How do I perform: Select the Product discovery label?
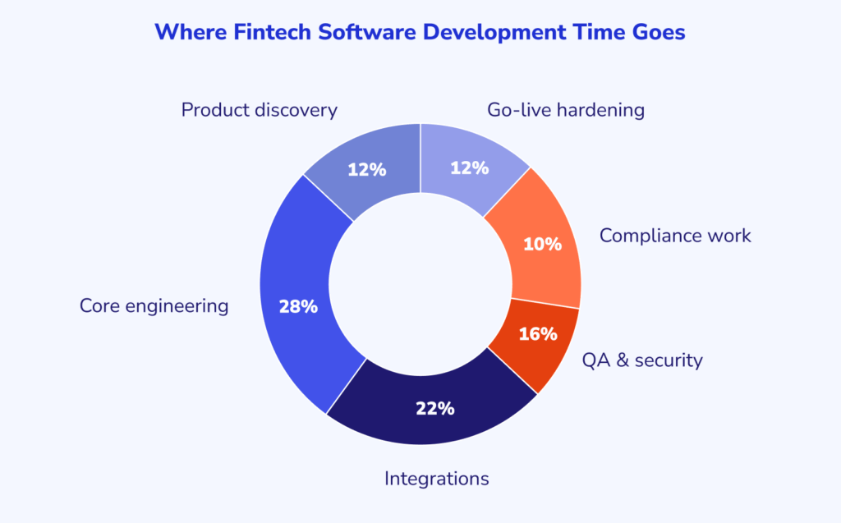click(259, 110)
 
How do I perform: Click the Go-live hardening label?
click(565, 110)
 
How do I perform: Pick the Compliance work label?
click(675, 236)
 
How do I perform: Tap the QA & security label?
click(642, 360)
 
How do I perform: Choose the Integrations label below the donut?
click(437, 478)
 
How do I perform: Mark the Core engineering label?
click(154, 306)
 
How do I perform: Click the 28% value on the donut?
click(297, 306)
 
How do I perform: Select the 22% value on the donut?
click(434, 408)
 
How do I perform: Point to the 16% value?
click(538, 334)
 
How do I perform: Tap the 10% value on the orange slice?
click(542, 244)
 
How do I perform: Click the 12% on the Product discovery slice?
click(366, 169)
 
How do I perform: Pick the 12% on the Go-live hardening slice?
click(470, 167)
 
